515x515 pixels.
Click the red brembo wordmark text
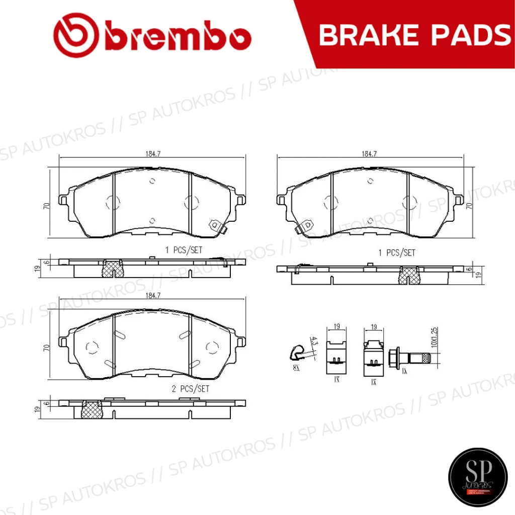pyautogui.click(x=179, y=37)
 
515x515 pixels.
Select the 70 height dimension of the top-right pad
pyautogui.click(x=469, y=206)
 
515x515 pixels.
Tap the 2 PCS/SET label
pyautogui.click(x=190, y=389)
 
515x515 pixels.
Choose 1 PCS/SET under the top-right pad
pyautogui.click(x=397, y=253)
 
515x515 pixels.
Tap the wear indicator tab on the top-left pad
pyautogui.click(x=215, y=227)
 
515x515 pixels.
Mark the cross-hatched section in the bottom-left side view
pyautogui.click(x=91, y=409)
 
